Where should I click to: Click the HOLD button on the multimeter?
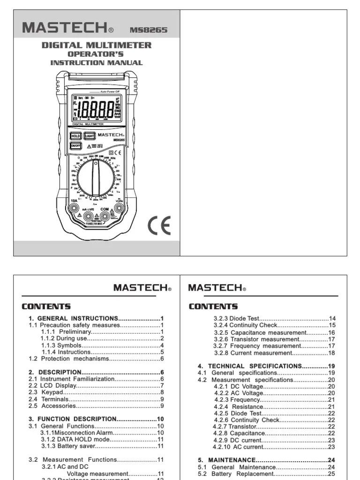click(x=75, y=136)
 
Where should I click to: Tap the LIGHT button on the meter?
click(x=90, y=136)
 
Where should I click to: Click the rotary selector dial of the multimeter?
click(x=96, y=178)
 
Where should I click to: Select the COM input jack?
click(x=105, y=216)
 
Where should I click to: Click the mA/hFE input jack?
click(x=88, y=216)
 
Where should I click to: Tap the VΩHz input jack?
click(x=119, y=208)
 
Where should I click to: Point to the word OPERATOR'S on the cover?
click(x=96, y=54)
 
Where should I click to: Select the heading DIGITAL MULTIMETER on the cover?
click(x=97, y=45)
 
